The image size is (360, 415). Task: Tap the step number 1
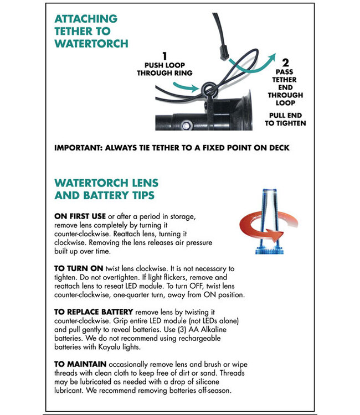click(164, 56)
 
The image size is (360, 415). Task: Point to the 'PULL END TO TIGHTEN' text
click(285, 119)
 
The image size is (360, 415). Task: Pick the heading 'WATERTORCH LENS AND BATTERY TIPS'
click(106, 189)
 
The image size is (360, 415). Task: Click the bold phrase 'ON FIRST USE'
click(81, 215)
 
